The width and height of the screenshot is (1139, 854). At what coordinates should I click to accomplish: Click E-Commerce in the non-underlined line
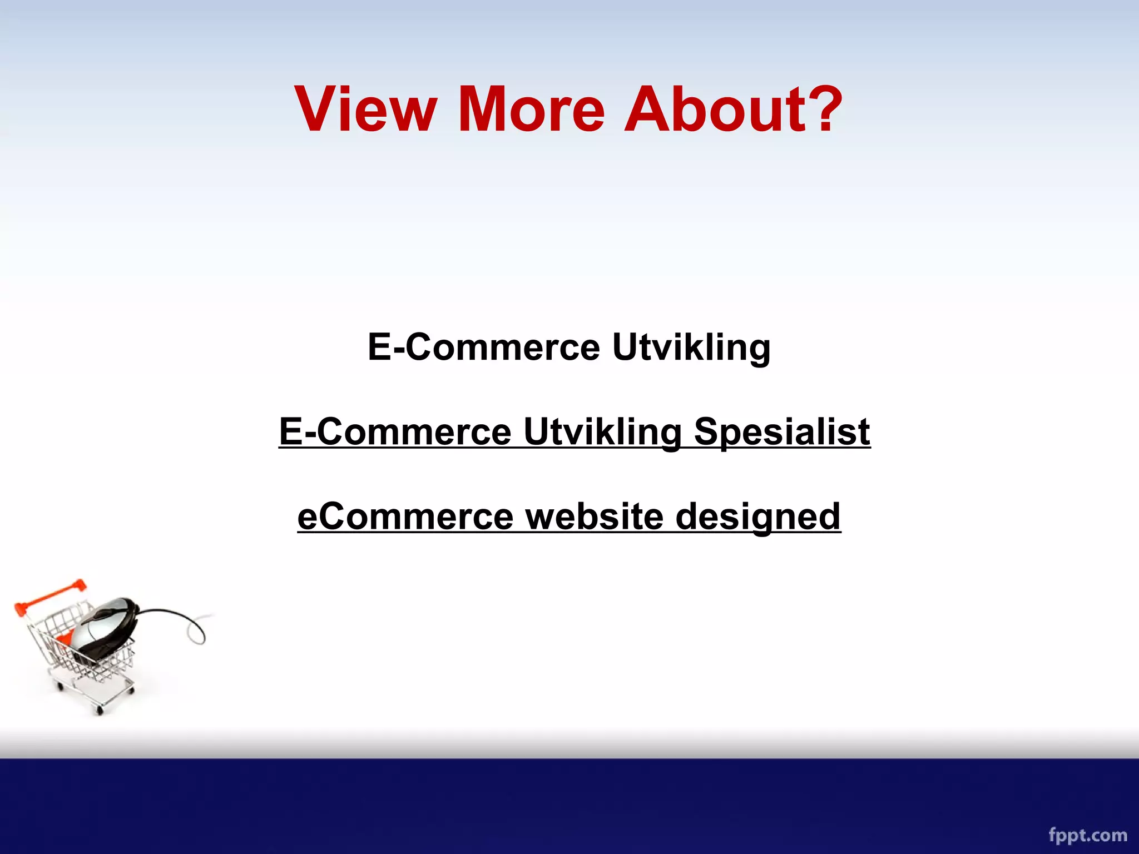(484, 347)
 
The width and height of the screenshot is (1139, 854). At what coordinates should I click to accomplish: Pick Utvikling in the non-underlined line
(691, 347)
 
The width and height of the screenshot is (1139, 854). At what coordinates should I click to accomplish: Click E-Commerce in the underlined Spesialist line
(395, 432)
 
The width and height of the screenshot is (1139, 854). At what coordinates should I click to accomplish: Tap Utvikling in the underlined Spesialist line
(602, 432)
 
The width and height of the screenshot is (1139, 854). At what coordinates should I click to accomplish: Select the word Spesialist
(782, 432)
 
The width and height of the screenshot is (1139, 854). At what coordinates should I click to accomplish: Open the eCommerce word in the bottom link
(405, 517)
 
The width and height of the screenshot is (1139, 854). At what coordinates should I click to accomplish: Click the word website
(595, 517)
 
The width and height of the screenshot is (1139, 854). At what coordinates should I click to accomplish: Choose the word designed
(757, 517)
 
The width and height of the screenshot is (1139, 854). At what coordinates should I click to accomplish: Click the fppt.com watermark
(1087, 835)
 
